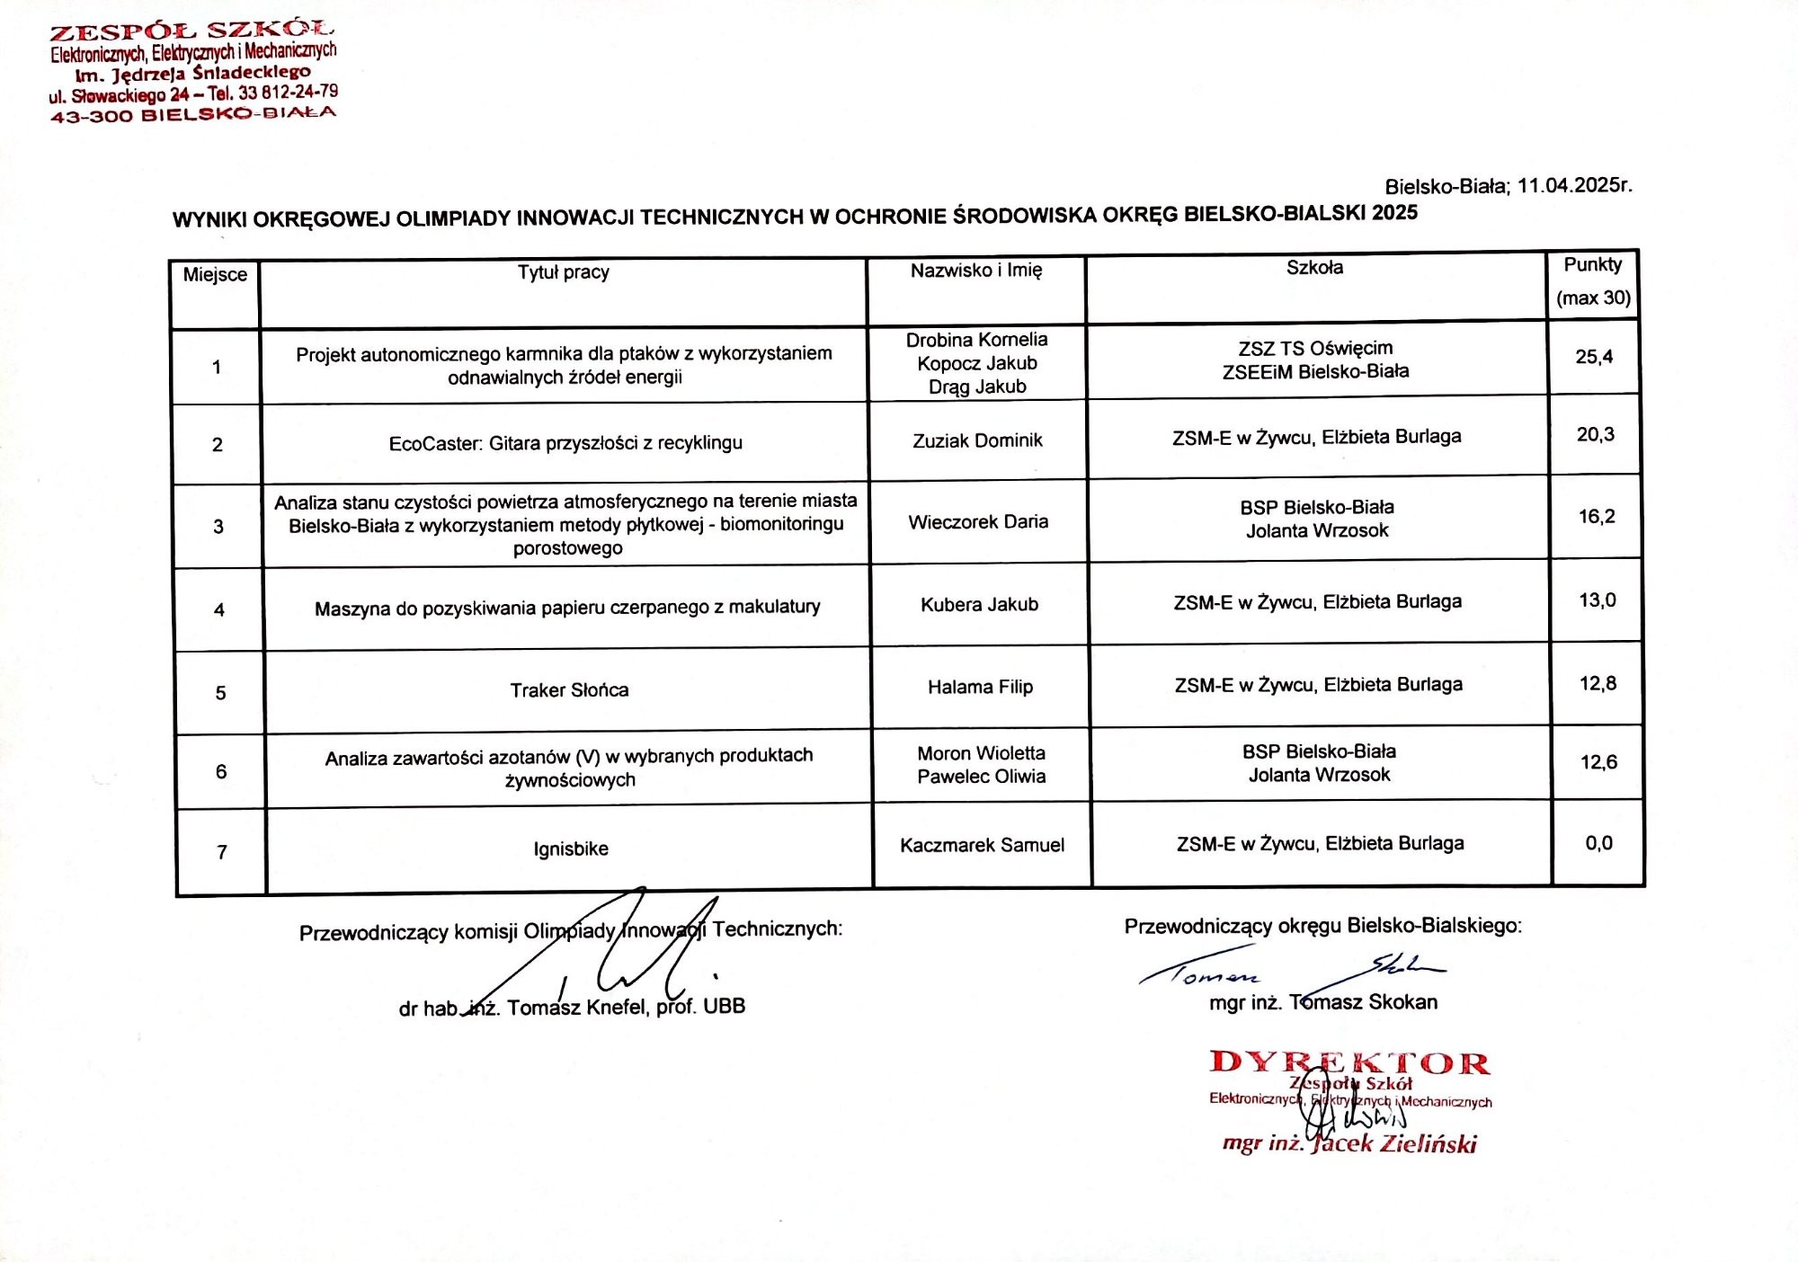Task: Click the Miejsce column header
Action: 215,275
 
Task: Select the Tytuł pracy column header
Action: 564,272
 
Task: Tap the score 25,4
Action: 1594,357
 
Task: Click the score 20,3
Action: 1596,435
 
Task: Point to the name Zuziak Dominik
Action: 977,440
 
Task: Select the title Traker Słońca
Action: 569,690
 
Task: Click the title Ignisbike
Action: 571,849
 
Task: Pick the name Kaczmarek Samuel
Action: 982,845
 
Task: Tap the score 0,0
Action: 1598,843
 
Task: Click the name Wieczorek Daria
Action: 978,522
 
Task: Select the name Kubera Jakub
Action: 979,605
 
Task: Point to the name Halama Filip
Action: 980,688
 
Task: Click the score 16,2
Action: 1597,517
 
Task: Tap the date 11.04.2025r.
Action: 1574,186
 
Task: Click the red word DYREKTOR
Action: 1349,1063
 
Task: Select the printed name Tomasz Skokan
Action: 1363,1002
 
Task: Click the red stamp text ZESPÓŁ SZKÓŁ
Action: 191,32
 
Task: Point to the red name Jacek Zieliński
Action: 1394,1144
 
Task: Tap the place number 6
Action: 221,772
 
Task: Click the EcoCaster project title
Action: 565,443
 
